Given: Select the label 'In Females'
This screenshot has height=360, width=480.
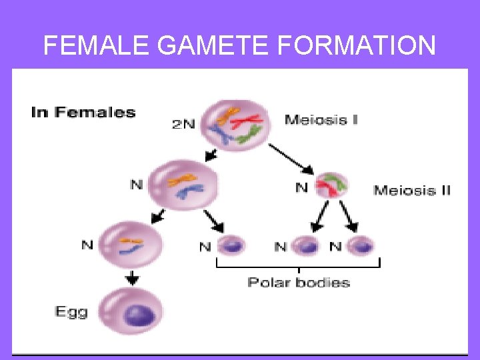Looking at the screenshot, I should click(83, 112).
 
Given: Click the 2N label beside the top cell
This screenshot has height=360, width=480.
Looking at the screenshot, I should click(184, 124).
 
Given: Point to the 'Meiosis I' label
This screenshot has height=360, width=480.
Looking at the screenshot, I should click(321, 121).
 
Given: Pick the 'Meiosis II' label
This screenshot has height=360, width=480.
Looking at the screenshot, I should click(412, 190).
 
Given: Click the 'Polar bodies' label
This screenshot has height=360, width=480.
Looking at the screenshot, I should click(299, 282).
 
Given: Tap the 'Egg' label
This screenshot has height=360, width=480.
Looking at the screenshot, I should click(71, 311).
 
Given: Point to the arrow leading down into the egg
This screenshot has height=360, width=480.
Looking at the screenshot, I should click(133, 279).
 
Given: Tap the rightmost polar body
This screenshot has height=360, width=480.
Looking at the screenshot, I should click(360, 246).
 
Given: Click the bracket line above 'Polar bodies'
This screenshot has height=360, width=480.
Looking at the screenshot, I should click(298, 266).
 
